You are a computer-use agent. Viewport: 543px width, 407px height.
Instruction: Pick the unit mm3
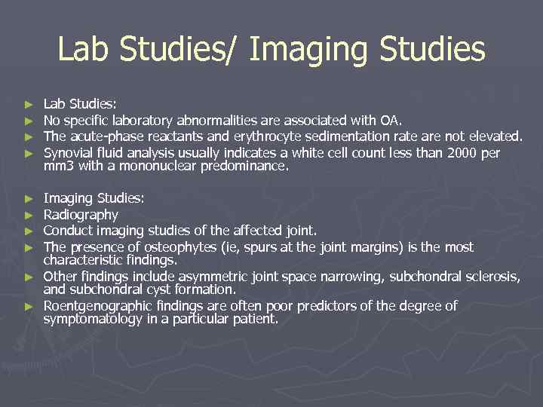(x=57, y=166)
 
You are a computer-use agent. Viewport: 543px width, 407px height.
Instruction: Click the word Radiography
(x=81, y=215)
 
